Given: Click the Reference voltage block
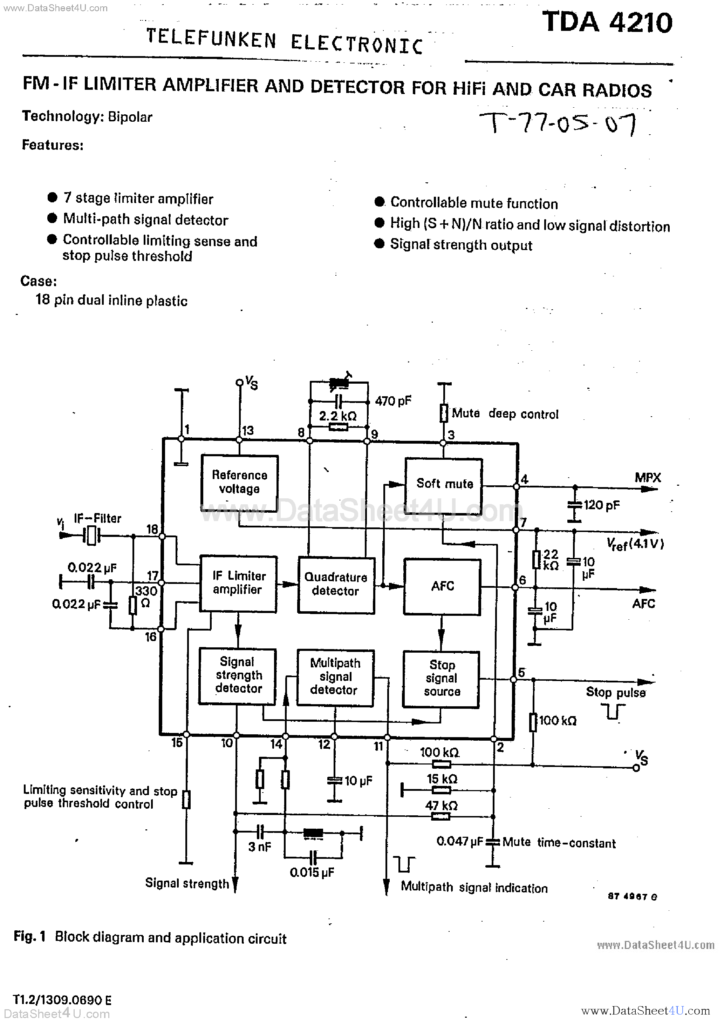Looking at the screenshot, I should pyautogui.click(x=239, y=483).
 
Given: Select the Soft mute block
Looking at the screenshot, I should pyautogui.click(x=444, y=484).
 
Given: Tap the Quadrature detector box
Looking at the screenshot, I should pyautogui.click(x=336, y=585).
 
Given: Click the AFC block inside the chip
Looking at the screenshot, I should pyautogui.click(x=442, y=586).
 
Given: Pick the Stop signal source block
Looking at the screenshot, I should pyautogui.click(x=441, y=679).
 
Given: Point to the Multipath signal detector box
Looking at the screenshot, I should pyautogui.click(x=335, y=678).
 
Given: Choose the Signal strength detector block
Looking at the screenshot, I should pyautogui.click(x=238, y=676).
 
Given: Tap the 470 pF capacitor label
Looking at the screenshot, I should pyautogui.click(x=393, y=401).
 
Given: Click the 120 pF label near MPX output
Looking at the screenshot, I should pyautogui.click(x=601, y=505).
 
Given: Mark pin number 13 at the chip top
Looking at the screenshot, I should pyautogui.click(x=248, y=430).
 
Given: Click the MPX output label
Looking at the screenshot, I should pyautogui.click(x=647, y=478).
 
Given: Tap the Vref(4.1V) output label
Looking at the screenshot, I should pyautogui.click(x=635, y=544).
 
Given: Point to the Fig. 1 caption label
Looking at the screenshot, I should pyautogui.click(x=29, y=937).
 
